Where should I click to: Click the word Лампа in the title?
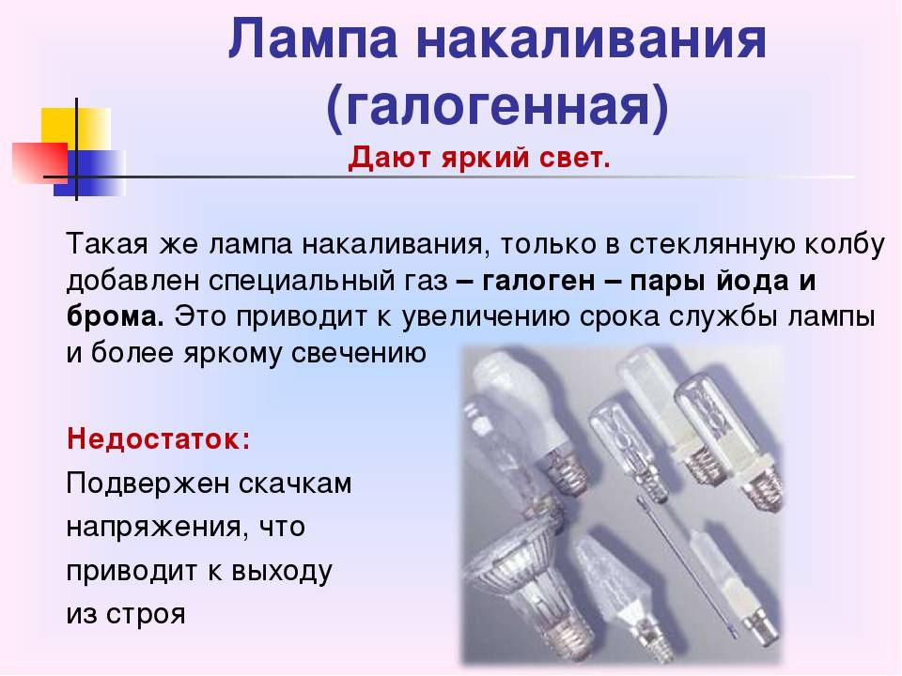tap(313, 39)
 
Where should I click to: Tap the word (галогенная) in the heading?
tap(498, 107)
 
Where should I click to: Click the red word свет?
tap(575, 158)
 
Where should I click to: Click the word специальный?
tap(301, 281)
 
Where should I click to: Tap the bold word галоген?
tap(538, 281)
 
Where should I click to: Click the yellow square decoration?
tap(75, 129)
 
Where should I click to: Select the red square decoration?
tap(40, 162)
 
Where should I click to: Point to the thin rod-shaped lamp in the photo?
tap(688, 566)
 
